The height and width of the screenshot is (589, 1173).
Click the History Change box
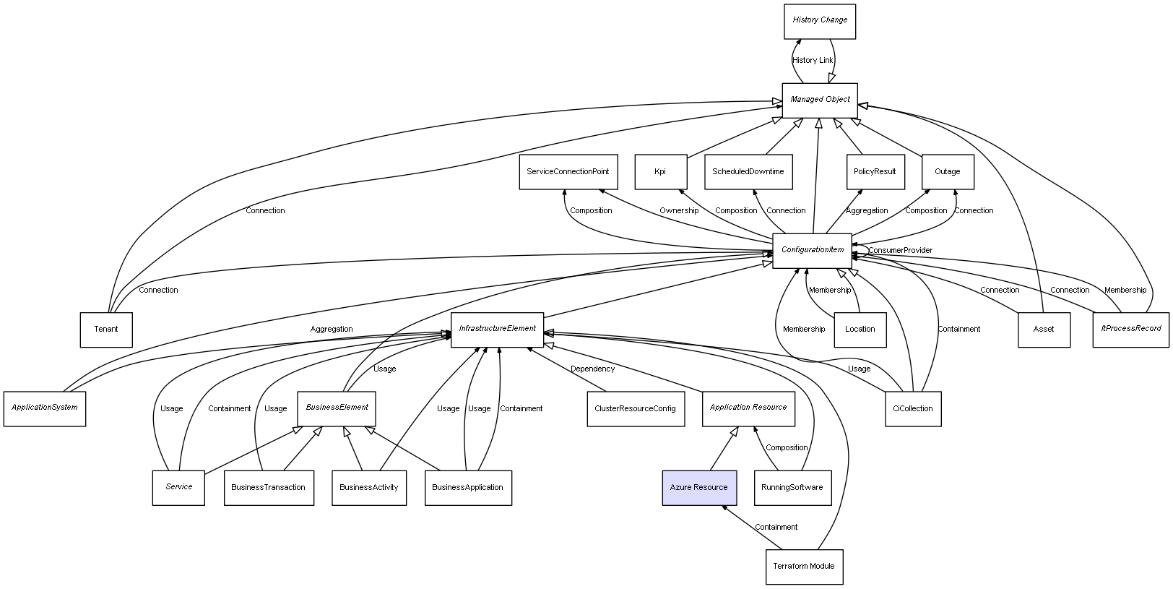click(x=820, y=21)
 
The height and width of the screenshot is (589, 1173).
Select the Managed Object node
click(x=820, y=100)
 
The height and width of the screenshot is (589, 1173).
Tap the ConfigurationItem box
click(x=812, y=251)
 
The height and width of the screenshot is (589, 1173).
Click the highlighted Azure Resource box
click(x=699, y=488)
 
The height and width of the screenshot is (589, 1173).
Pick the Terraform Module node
click(x=804, y=567)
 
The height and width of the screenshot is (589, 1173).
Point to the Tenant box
click(x=106, y=330)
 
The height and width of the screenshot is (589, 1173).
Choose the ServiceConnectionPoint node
click(x=568, y=172)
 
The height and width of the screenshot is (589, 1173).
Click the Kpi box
click(x=660, y=172)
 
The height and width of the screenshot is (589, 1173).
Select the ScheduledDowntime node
click(x=748, y=172)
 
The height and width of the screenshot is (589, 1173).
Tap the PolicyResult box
click(x=875, y=172)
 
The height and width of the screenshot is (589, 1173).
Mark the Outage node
click(x=948, y=172)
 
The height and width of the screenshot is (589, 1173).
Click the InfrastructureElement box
click(x=497, y=329)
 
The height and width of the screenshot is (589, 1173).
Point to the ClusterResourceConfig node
click(x=635, y=409)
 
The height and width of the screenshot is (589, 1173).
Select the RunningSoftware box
click(x=792, y=488)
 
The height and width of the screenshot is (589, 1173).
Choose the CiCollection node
click(x=913, y=409)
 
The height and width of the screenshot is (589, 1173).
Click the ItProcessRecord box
click(x=1130, y=329)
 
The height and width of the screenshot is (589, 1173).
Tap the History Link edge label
click(x=813, y=61)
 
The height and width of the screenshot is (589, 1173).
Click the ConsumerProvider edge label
click(x=900, y=251)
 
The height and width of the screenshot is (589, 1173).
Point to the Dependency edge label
click(x=593, y=369)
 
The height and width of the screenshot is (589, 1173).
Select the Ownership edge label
click(x=679, y=211)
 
